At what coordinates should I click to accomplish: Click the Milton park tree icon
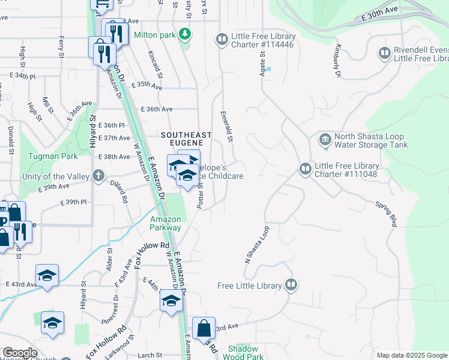[x=185, y=35]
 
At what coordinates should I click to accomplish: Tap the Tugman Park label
[x=53, y=157]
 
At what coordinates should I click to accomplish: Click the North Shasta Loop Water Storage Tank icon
[x=325, y=140]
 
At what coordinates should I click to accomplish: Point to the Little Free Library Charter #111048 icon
[x=305, y=170]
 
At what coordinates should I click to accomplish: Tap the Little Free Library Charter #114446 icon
[x=221, y=40]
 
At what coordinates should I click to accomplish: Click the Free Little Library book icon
[x=291, y=285]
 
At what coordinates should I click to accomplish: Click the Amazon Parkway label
[x=166, y=223]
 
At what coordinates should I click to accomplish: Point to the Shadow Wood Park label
[x=246, y=352]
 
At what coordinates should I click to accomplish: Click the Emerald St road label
[x=226, y=126]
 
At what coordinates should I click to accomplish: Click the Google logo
[x=19, y=353]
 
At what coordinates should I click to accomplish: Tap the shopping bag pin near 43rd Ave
[x=203, y=329]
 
